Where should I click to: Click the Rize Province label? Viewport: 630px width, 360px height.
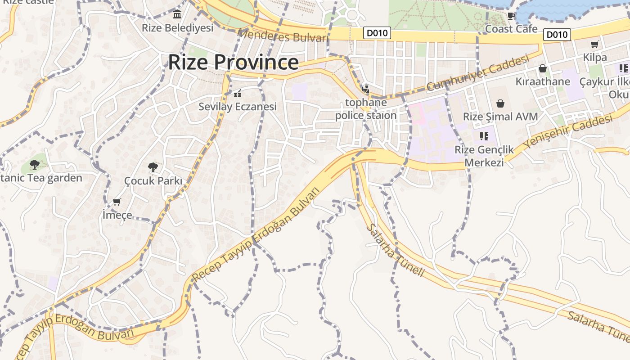pos(233,62)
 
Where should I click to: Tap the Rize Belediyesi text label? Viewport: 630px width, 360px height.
pos(177,28)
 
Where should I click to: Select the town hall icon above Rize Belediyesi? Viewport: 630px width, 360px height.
pos(177,15)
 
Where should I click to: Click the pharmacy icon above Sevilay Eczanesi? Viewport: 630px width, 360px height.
pos(238,94)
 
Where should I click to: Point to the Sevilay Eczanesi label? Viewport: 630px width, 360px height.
pos(238,107)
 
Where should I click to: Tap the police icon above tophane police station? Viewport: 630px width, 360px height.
pos(365,89)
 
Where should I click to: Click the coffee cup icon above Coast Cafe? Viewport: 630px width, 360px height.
pos(511,16)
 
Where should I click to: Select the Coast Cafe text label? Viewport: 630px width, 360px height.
pos(511,29)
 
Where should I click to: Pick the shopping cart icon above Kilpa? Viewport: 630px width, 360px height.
pos(595,44)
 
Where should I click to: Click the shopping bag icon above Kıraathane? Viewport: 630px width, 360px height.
pos(543,69)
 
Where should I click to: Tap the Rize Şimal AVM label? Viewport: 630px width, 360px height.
pos(500,117)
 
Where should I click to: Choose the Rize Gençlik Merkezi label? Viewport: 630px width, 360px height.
pos(484,156)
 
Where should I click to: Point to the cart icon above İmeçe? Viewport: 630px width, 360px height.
pos(117,202)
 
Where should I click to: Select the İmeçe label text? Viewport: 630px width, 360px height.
pos(117,215)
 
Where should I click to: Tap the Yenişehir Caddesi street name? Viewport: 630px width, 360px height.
pos(568,131)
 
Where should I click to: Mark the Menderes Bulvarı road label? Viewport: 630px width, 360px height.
pos(282,36)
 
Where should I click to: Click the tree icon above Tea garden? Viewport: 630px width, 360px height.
pos(35,165)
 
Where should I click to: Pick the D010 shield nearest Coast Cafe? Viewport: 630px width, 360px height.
pos(557,35)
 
